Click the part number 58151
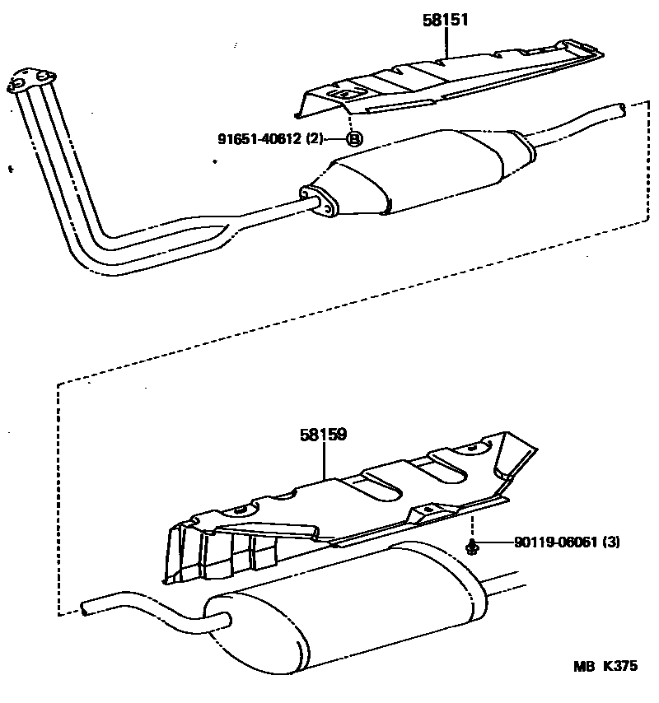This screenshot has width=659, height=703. click(x=446, y=21)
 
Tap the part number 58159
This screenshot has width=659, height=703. click(x=323, y=433)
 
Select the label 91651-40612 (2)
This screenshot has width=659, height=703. click(x=270, y=139)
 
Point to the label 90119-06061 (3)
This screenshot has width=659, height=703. click(x=566, y=542)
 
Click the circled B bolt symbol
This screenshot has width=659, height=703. click(x=354, y=139)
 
